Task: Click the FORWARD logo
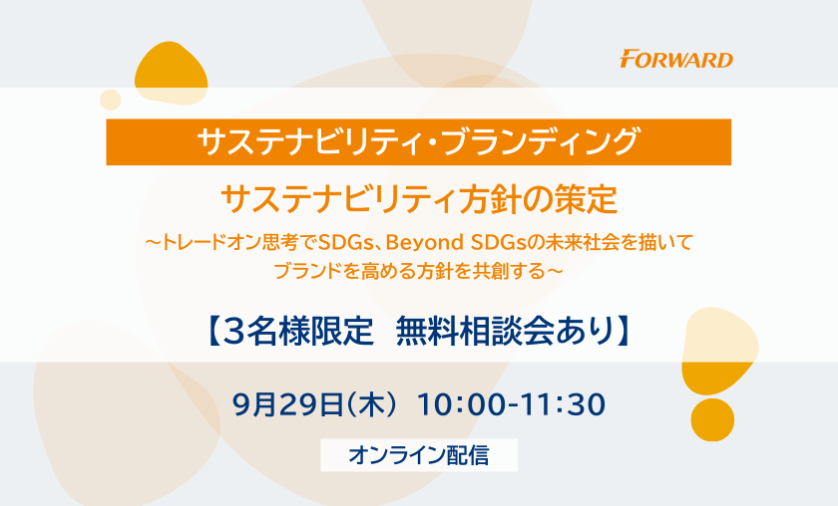(676, 59)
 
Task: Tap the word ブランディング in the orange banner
(541, 142)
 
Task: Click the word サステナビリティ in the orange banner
(307, 142)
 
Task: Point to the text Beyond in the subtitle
(424, 243)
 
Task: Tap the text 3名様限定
(297, 332)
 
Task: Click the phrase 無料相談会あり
(505, 332)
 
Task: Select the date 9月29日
(288, 404)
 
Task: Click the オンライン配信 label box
(419, 455)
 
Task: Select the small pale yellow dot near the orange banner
(111, 100)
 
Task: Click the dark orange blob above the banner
(171, 73)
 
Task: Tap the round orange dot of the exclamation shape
(712, 420)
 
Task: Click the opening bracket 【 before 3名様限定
(212, 332)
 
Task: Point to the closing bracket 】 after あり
(624, 332)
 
